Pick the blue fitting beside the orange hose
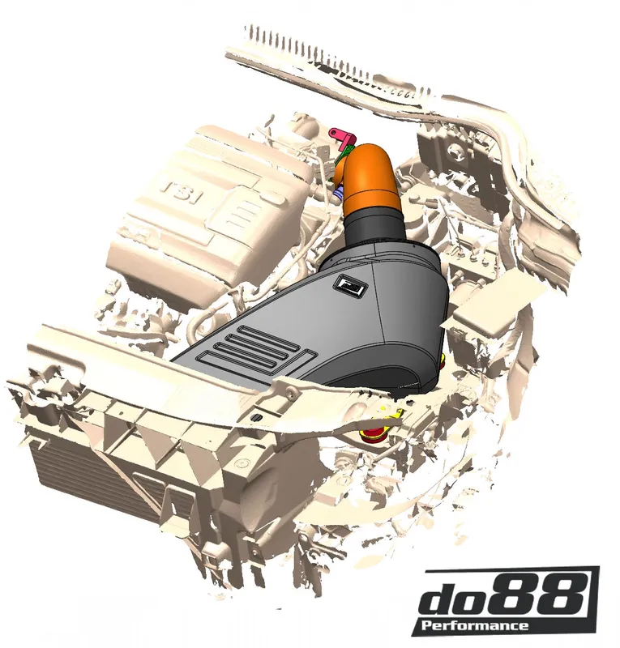pos(340,191)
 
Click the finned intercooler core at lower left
pos(89,486)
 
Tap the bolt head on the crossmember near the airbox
pos(289,392)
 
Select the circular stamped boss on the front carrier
pos(241,462)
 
